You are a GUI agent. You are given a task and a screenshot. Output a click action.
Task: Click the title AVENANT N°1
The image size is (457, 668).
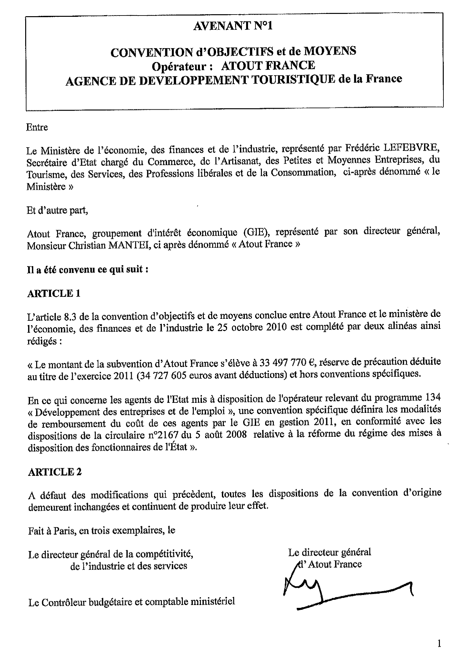[233, 26]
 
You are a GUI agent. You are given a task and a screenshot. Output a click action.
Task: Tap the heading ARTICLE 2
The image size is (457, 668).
[55, 472]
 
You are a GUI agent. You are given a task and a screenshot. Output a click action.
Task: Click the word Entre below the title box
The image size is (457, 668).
[37, 127]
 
